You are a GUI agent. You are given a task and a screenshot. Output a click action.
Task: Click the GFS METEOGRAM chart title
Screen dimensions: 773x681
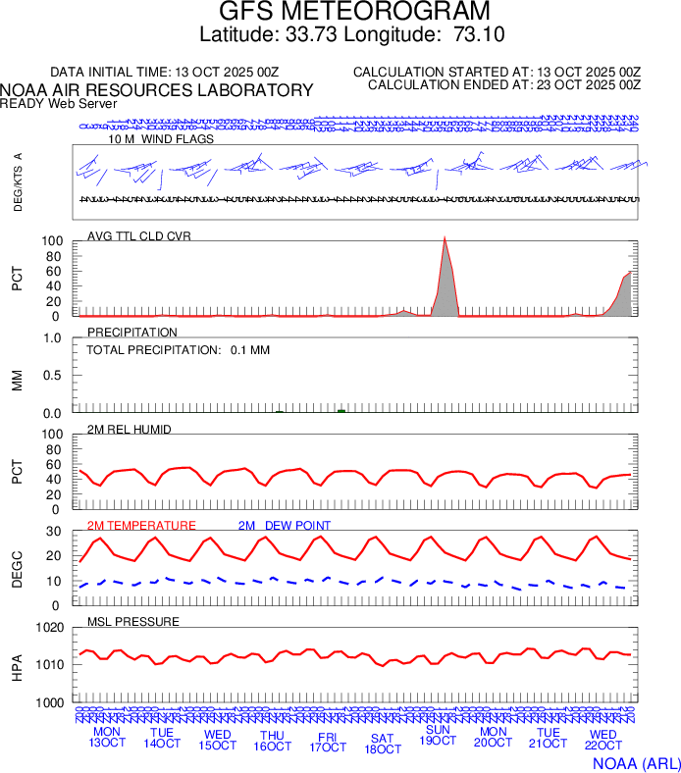coord(354,13)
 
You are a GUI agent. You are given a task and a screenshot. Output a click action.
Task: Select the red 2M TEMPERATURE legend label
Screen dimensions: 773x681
coord(141,526)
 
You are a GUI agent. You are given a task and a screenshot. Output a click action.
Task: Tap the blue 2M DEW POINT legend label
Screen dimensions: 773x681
coord(285,526)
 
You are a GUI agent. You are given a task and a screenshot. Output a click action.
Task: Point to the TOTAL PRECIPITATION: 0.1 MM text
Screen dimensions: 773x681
coord(178,350)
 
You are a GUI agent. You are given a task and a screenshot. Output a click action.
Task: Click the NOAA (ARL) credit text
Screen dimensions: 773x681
coord(635,762)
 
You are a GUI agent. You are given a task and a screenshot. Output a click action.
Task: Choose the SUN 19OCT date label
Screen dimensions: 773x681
coord(438,737)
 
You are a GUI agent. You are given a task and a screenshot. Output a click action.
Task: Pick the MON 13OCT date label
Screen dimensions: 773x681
coord(107,737)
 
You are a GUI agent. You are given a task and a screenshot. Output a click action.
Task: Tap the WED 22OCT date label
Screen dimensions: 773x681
coord(602,739)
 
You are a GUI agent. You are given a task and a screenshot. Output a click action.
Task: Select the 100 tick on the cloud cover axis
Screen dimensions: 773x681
coord(52,241)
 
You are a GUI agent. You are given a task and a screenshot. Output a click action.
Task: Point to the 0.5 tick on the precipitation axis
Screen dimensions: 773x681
coord(53,376)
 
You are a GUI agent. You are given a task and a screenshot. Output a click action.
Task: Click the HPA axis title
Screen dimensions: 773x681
coord(17,664)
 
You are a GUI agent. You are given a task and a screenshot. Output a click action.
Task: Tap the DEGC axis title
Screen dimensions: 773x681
coord(17,568)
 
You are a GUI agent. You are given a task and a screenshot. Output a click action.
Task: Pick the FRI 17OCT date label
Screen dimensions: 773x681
coord(328,741)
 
